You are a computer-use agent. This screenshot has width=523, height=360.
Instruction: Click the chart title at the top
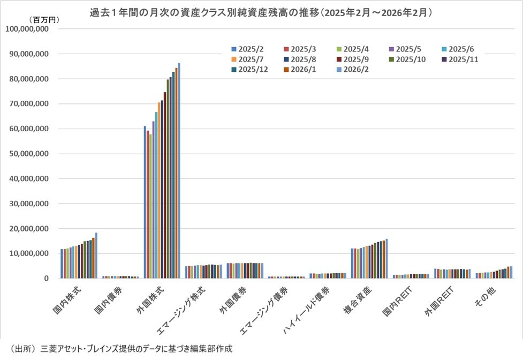[x=261, y=11]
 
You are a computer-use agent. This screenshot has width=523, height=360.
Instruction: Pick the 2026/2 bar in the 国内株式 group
[x=96, y=255]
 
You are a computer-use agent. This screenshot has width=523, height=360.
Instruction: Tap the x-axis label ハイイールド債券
[x=309, y=311]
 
